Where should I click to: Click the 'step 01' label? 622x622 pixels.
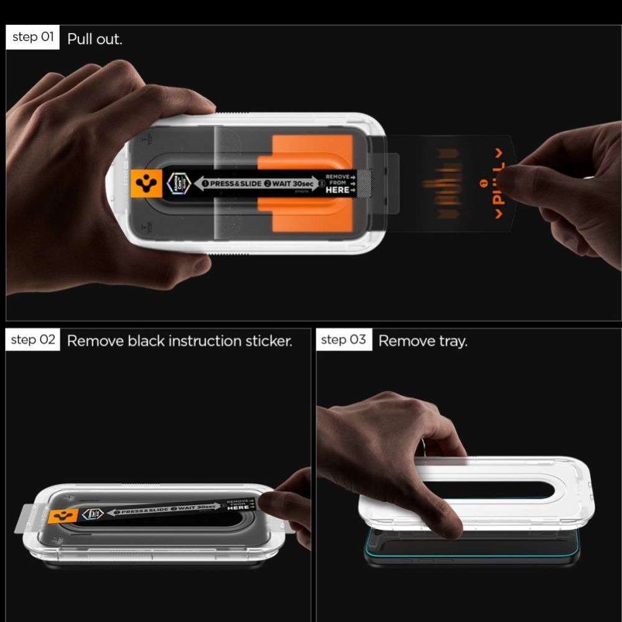point(33,37)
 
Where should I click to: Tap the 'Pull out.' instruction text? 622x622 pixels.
point(95,39)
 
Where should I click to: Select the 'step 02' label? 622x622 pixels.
point(34,340)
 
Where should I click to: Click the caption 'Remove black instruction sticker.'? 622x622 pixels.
point(179,341)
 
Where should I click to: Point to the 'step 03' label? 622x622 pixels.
point(344,340)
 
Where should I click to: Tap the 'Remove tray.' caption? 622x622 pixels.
point(423,341)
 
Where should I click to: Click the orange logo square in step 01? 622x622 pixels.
point(148,184)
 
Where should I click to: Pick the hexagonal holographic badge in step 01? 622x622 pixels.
point(176,184)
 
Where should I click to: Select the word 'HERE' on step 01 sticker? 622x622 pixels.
point(337,190)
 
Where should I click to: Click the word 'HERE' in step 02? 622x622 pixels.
point(238,507)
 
